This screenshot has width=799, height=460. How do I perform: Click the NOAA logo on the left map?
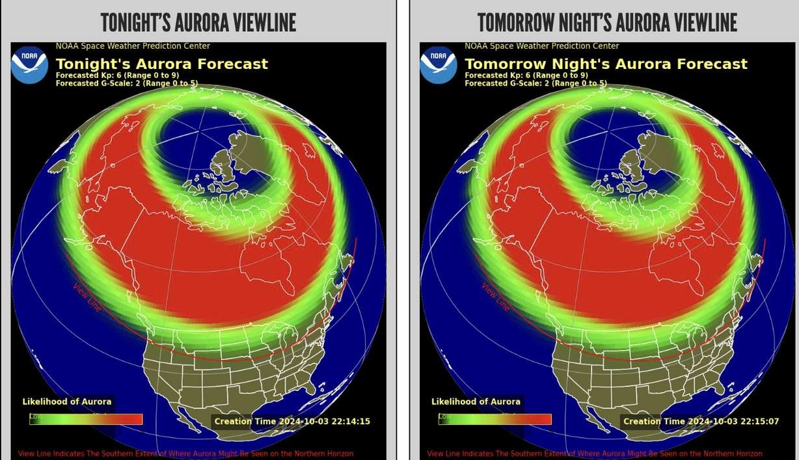[x=29, y=64]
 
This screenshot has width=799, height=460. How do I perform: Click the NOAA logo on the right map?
[x=439, y=64]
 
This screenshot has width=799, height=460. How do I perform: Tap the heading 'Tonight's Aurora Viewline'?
[x=198, y=23]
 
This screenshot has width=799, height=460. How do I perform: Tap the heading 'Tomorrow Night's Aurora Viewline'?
[x=607, y=23]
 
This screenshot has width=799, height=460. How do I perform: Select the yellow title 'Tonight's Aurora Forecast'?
[x=161, y=64]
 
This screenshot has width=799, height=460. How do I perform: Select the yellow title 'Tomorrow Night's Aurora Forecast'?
[x=606, y=64]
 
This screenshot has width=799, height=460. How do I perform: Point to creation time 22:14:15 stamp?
[x=292, y=422]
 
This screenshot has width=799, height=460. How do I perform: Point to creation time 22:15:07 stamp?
[x=701, y=422]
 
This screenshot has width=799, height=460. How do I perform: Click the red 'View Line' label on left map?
[x=87, y=297]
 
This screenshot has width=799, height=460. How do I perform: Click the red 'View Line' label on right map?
[x=496, y=297]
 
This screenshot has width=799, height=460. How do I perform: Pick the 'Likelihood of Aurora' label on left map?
[x=67, y=401]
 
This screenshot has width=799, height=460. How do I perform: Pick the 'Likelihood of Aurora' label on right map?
[x=476, y=401]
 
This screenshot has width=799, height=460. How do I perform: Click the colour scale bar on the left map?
[x=86, y=419]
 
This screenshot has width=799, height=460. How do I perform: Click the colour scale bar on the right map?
[x=495, y=419]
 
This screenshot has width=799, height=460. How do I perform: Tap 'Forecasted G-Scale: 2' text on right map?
[x=526, y=83]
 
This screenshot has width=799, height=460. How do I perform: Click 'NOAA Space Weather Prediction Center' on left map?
[x=133, y=46]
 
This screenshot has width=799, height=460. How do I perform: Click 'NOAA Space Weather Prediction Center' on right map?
[x=542, y=46]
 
